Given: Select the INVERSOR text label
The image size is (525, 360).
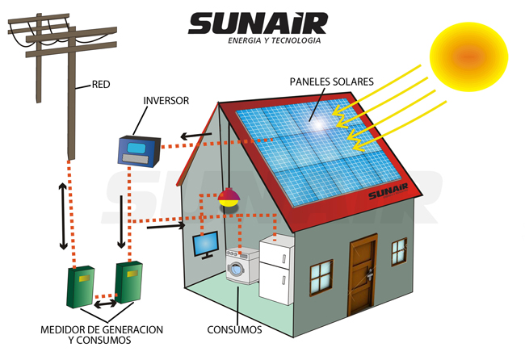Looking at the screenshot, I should (166, 101).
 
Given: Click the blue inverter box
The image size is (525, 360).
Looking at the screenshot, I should (138, 150).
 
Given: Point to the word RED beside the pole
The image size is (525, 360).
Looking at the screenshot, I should (101, 83).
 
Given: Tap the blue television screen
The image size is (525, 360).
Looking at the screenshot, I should (205, 243).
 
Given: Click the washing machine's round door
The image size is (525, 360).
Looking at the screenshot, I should (237, 270).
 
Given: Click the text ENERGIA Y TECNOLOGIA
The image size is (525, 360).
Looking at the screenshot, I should (275, 40).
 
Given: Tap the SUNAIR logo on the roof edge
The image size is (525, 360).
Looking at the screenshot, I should (390, 195).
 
